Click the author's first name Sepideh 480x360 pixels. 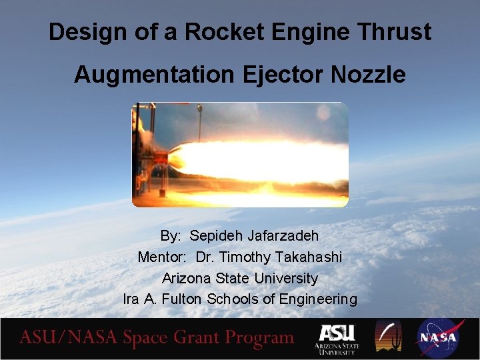pyautogui.click(x=217, y=236)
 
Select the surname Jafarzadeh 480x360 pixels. pyautogui.click(x=283, y=236)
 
